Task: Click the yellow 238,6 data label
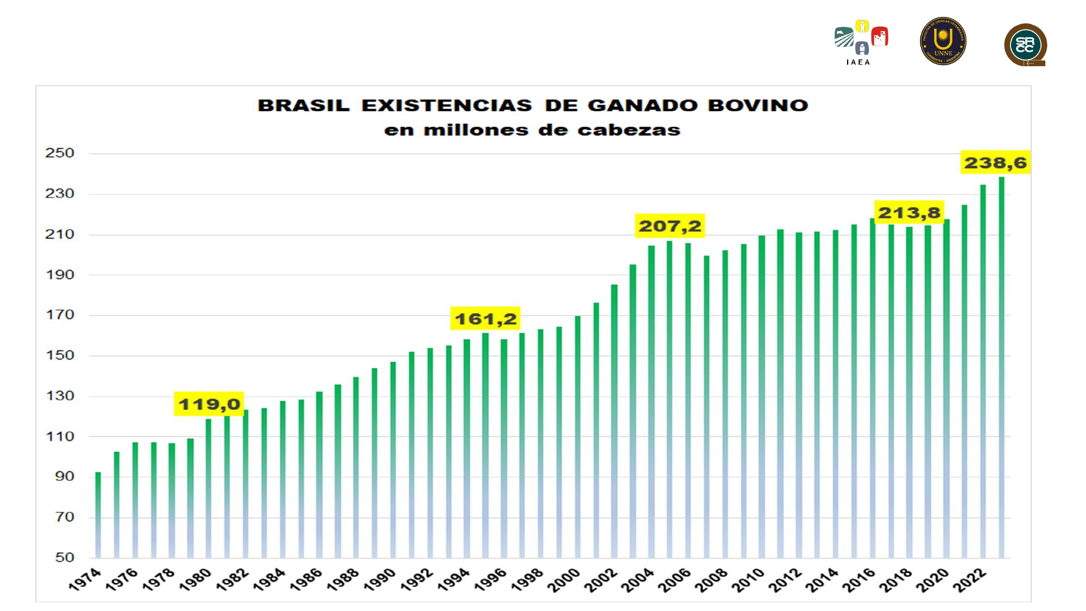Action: [x=995, y=162]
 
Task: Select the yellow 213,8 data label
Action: [x=909, y=212]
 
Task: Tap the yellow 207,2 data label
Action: [x=670, y=225]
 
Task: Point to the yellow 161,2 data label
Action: [x=485, y=318]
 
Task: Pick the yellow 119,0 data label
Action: [x=209, y=404]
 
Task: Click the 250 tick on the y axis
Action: [x=60, y=153]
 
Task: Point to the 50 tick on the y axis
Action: [x=64, y=557]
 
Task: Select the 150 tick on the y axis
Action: [x=60, y=355]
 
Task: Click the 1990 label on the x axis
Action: [x=380, y=579]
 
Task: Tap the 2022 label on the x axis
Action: [x=970, y=579]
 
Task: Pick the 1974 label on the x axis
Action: [x=85, y=579]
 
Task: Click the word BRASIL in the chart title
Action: [x=304, y=105]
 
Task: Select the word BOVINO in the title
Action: [x=758, y=105]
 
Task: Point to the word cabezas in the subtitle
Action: [x=628, y=130]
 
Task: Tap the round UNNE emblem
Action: [x=943, y=41]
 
